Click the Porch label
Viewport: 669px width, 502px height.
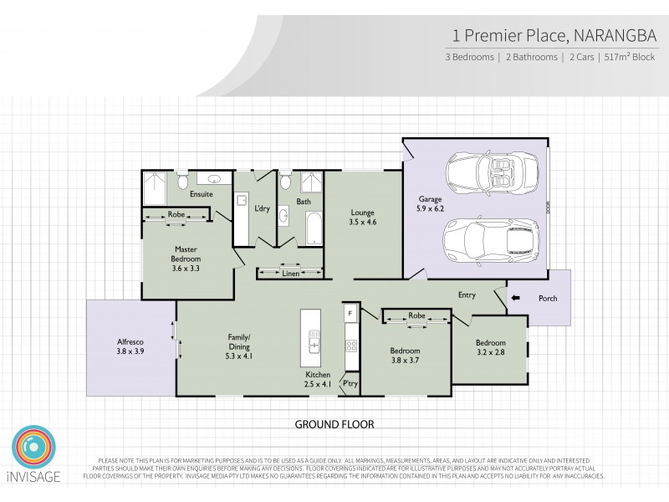(x=548, y=299)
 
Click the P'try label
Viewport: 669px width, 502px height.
(x=349, y=383)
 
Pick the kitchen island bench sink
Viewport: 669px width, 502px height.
(x=315, y=344)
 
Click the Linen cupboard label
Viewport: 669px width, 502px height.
(x=290, y=274)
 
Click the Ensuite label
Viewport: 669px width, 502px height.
(x=201, y=194)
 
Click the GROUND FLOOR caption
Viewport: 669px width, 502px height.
(x=334, y=424)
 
